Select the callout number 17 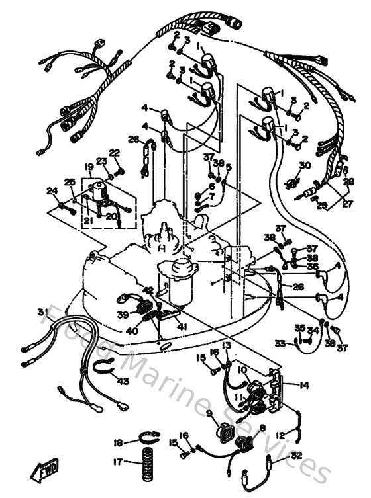[118, 462]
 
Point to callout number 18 [118, 442]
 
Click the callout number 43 [123, 382]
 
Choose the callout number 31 [42, 311]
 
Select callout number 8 [261, 429]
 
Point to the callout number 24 [52, 191]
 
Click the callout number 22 [115, 153]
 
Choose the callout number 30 [304, 165]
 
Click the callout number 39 [122, 315]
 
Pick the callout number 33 [280, 343]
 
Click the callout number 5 [229, 167]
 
